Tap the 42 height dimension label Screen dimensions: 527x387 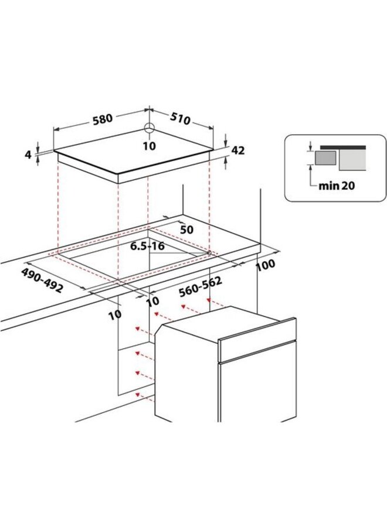click(x=237, y=150)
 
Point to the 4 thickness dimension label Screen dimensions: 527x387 click(x=27, y=155)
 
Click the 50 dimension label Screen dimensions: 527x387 click(x=187, y=230)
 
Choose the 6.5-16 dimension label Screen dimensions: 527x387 click(x=147, y=247)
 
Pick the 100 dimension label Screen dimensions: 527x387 click(x=266, y=266)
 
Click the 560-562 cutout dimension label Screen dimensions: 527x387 click(x=200, y=288)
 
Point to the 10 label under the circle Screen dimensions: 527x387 click(x=150, y=146)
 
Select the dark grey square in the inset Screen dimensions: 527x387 click(x=325, y=158)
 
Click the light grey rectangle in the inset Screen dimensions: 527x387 click(x=352, y=160)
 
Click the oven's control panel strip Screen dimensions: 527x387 click(x=257, y=340)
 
